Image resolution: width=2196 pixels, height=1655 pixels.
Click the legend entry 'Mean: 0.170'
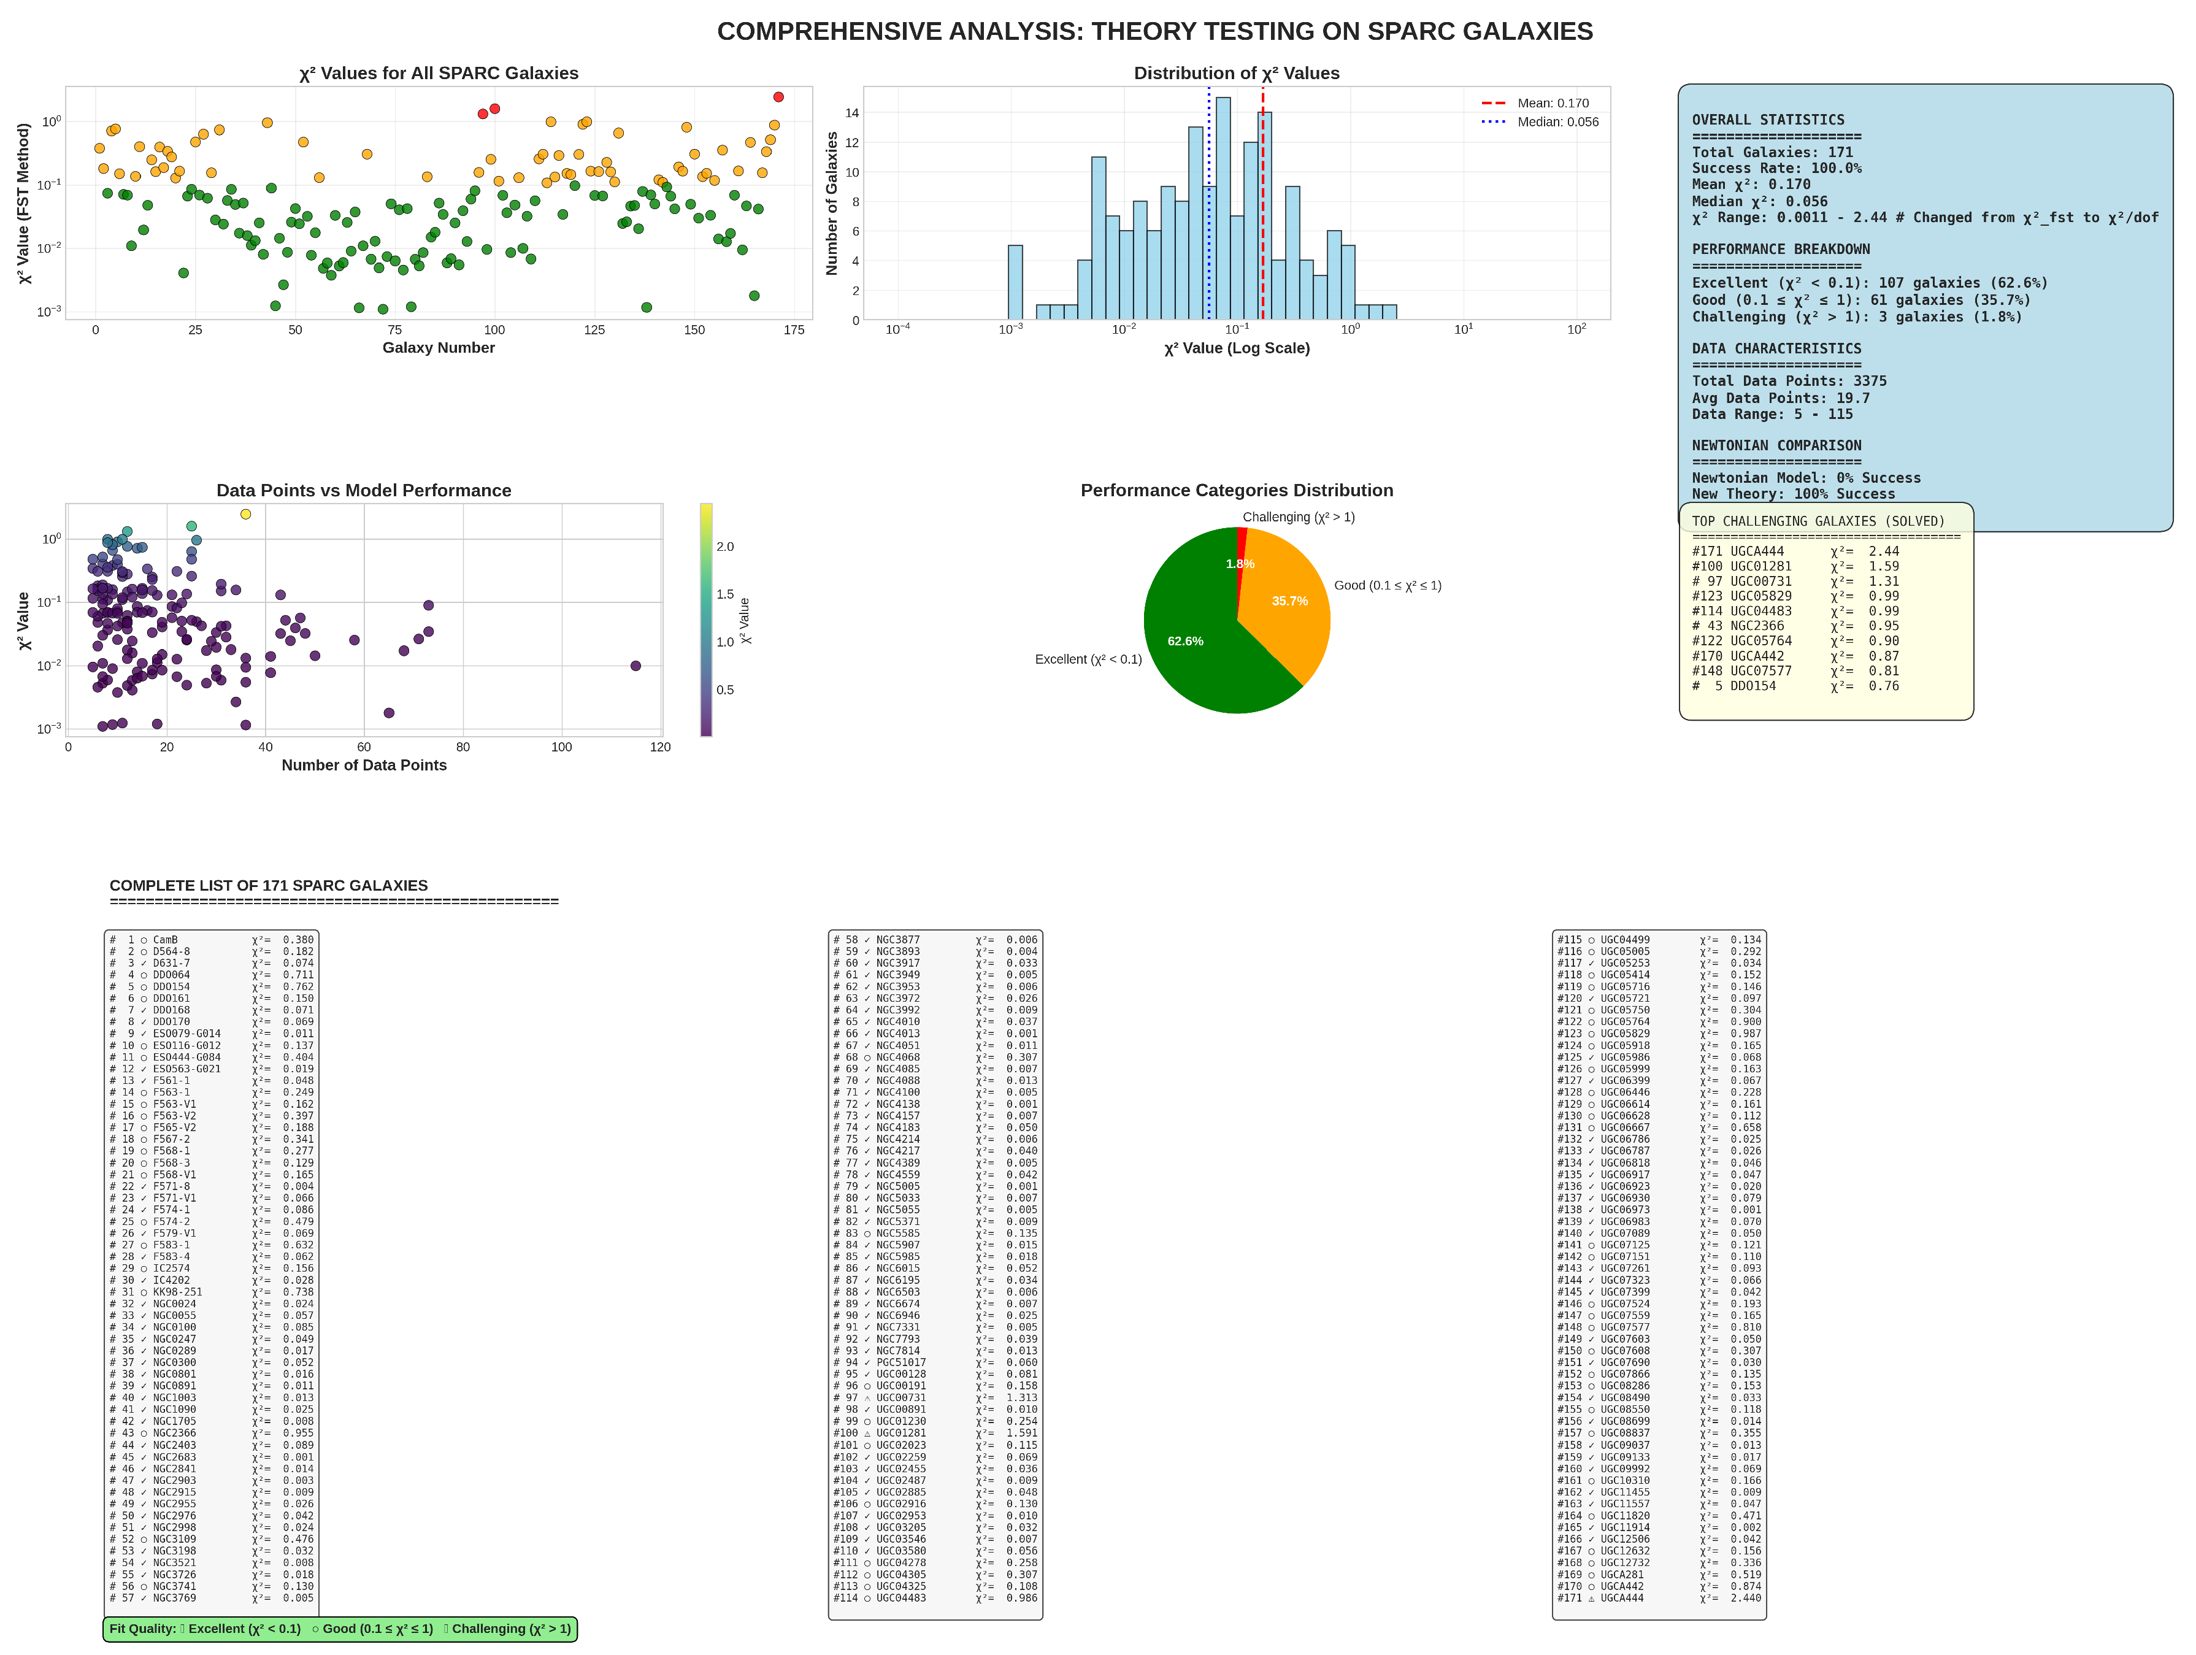(x=1552, y=103)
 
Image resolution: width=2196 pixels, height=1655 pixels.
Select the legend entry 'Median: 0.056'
(x=1557, y=122)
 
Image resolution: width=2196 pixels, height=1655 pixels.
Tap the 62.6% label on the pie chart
(x=1184, y=642)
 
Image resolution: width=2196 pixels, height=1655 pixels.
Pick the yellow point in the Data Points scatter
(x=245, y=514)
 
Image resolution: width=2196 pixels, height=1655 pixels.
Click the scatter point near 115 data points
(x=635, y=666)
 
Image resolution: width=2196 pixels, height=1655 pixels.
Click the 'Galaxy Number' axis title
(x=438, y=347)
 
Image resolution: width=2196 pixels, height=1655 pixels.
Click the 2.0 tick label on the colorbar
(x=724, y=547)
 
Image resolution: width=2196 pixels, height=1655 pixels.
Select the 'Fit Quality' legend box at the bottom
(x=340, y=1629)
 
